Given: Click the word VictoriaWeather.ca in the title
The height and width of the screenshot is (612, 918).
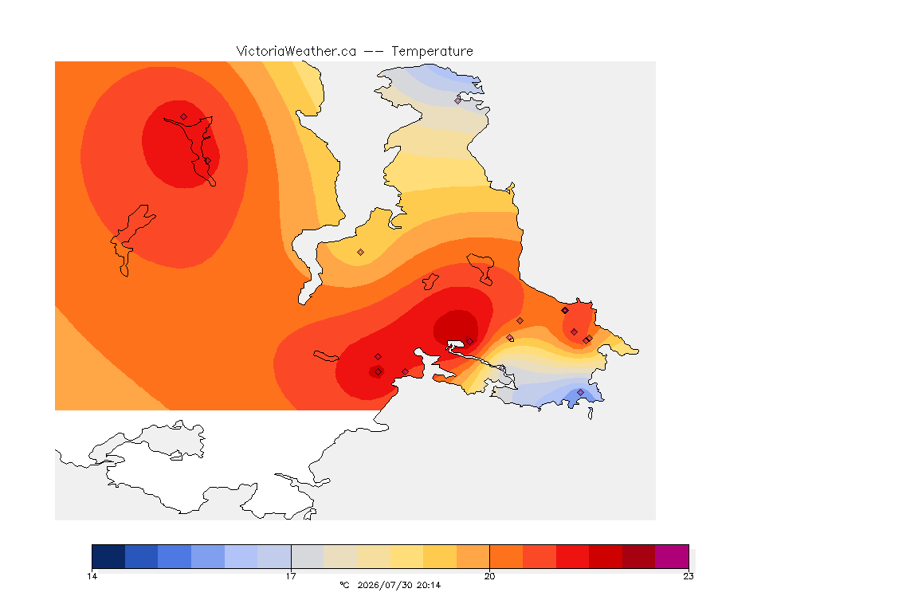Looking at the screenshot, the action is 296,52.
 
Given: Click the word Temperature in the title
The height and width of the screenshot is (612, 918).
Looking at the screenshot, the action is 432,52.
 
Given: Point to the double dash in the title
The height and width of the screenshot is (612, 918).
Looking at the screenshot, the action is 374,52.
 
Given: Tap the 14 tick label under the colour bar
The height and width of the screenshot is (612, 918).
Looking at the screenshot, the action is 92,576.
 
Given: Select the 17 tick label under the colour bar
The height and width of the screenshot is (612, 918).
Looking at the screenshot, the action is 291,576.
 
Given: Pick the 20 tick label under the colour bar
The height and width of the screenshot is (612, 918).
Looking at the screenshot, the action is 489,576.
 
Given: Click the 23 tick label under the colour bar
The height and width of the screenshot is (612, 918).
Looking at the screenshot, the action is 688,576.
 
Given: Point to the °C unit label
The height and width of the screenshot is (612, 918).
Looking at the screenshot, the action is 345,585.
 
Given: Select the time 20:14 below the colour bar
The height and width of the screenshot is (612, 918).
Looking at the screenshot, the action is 429,585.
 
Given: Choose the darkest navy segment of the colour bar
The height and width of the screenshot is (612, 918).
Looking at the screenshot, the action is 108,556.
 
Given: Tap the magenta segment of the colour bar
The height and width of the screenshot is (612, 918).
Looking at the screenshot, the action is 672,556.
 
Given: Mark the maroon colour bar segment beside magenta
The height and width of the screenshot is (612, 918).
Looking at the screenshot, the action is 639,556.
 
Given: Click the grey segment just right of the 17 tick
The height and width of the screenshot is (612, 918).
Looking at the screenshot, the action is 308,556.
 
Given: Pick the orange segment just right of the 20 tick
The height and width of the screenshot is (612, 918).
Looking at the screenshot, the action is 507,556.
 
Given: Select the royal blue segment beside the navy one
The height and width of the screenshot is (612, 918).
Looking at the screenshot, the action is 142,556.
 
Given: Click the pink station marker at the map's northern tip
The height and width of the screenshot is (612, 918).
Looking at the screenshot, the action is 458,100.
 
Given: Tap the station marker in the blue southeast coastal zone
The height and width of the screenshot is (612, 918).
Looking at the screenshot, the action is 580,392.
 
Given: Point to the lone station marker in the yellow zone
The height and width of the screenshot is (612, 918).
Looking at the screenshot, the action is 361,253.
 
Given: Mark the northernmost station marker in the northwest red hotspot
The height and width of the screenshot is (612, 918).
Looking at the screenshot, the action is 184,117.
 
